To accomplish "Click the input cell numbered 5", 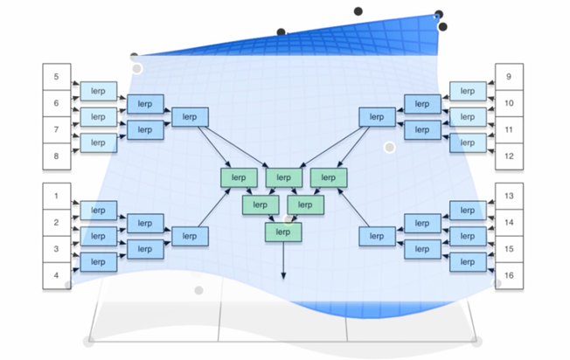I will pyautogui.click(x=56, y=77).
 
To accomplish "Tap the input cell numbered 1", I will pyautogui.click(x=56, y=197).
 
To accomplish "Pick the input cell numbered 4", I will pyautogui.click(x=56, y=275).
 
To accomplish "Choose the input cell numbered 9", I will pyautogui.click(x=509, y=77).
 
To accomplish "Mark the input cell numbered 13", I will pyautogui.click(x=509, y=197).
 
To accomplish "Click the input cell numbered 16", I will pyautogui.click(x=509, y=275).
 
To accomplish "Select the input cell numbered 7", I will pyautogui.click(x=56, y=129).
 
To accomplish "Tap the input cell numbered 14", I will pyautogui.click(x=509, y=223).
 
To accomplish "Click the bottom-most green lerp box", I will pyautogui.click(x=282, y=232).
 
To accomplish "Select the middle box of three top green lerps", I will pyautogui.click(x=282, y=177).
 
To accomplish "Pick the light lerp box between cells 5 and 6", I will pyautogui.click(x=98, y=90).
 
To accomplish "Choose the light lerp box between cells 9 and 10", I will pyautogui.click(x=468, y=90).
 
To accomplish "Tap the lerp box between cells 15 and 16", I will pyautogui.click(x=468, y=261).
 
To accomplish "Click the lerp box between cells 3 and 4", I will pyautogui.click(x=98, y=261).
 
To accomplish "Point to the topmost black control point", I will pyautogui.click(x=358, y=11).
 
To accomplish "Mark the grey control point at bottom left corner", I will pyautogui.click(x=88, y=340).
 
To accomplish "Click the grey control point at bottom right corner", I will pyautogui.click(x=475, y=340).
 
